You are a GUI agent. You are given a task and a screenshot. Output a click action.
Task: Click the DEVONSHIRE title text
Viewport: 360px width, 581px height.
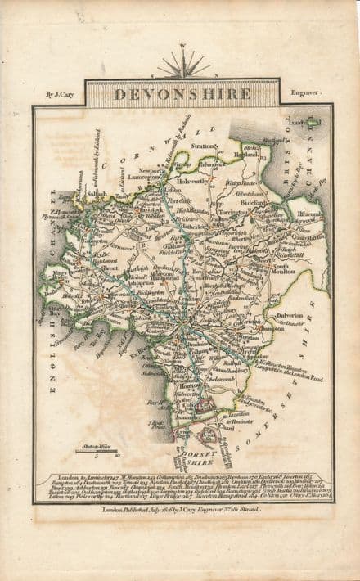[x=182, y=94]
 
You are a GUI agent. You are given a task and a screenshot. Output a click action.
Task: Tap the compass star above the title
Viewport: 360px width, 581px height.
[x=182, y=64]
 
